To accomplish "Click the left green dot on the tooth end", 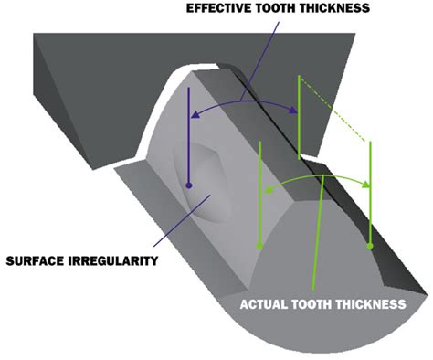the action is [x=260, y=246].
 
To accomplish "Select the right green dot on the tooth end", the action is [x=369, y=246].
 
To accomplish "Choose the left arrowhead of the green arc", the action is [x=266, y=191].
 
